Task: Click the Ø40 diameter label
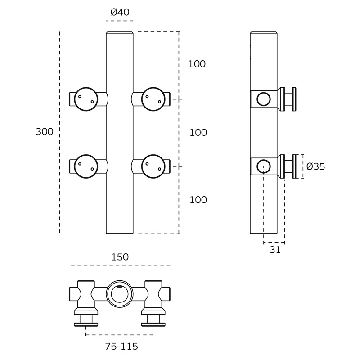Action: coord(120,12)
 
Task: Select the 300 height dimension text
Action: coord(45,132)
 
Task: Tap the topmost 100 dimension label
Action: coord(197,64)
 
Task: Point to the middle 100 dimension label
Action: coord(198,133)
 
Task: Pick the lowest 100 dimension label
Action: coord(198,200)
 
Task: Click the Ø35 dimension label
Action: coord(316,166)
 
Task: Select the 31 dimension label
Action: coord(275,250)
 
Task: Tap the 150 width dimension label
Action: coord(120,257)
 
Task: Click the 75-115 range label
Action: coord(121,346)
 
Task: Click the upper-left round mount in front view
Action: coord(86,99)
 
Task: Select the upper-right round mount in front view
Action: coord(153,99)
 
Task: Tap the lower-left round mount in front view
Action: coord(86,166)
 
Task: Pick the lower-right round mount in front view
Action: coord(153,166)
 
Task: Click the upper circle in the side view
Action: coord(264,99)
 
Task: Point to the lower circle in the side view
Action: coord(264,166)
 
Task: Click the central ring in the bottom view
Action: coord(120,294)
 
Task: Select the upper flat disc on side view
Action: coord(294,99)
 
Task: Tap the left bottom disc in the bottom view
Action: coord(86,324)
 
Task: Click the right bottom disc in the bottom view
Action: coord(153,324)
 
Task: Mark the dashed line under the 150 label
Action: coord(121,265)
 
